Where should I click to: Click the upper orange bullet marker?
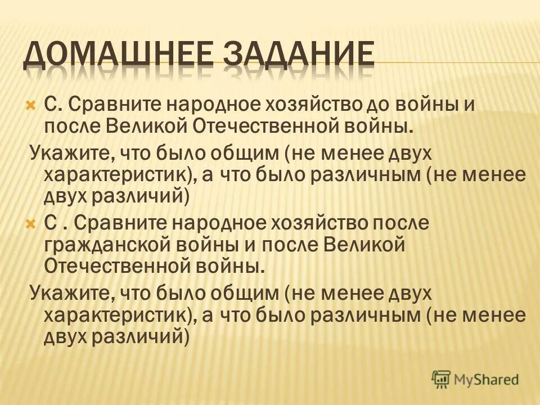coord(31,105)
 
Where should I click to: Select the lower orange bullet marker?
coord(31,223)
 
